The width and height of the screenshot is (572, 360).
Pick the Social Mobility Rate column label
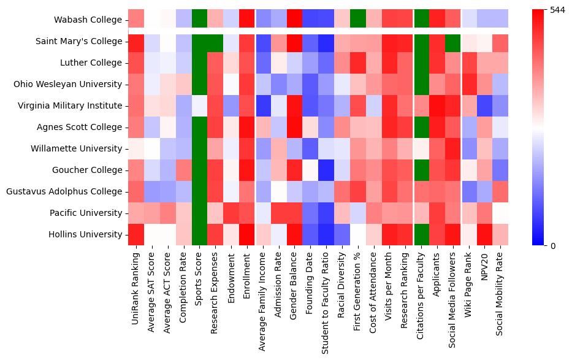(500, 288)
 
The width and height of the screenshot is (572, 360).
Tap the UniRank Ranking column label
(136, 283)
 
